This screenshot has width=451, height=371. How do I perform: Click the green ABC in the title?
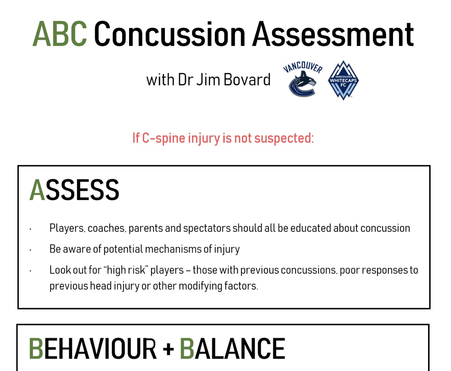click(60, 34)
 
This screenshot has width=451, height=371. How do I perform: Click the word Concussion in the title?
click(170, 34)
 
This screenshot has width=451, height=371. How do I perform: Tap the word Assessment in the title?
click(333, 34)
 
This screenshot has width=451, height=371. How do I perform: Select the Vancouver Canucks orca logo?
click(303, 79)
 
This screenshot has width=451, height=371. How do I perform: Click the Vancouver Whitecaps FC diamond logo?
click(343, 80)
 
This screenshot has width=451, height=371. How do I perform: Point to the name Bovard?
click(247, 80)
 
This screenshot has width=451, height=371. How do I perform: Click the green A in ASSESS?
click(38, 190)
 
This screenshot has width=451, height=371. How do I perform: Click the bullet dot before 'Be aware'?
click(30, 250)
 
